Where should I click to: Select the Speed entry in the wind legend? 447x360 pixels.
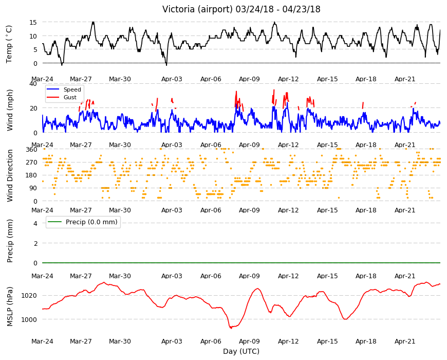tap(72, 89)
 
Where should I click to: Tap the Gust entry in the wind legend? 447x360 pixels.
tap(70, 97)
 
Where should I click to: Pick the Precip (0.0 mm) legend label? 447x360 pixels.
tap(91, 222)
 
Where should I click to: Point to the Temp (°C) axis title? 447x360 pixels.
tap(9, 44)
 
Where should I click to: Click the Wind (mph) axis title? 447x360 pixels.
tap(10, 110)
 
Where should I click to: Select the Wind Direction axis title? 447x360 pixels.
tap(10, 176)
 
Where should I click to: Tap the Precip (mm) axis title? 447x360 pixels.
tap(10, 241)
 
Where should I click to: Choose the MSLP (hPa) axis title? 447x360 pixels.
tap(10, 307)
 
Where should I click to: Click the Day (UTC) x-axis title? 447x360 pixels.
tap(241, 351)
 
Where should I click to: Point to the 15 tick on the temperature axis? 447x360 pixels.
tap(33, 22)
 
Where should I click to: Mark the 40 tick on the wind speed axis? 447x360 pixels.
tap(33, 84)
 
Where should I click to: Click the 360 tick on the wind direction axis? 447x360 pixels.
tap(31, 150)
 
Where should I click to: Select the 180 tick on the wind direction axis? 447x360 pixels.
tap(31, 175)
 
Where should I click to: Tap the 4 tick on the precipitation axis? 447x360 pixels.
tap(35, 223)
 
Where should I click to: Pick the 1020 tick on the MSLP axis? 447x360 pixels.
tap(29, 296)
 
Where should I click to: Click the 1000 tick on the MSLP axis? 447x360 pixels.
tap(29, 320)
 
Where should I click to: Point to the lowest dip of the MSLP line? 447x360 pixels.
tap(231, 328)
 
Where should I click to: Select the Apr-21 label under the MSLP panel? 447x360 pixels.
tap(405, 341)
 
